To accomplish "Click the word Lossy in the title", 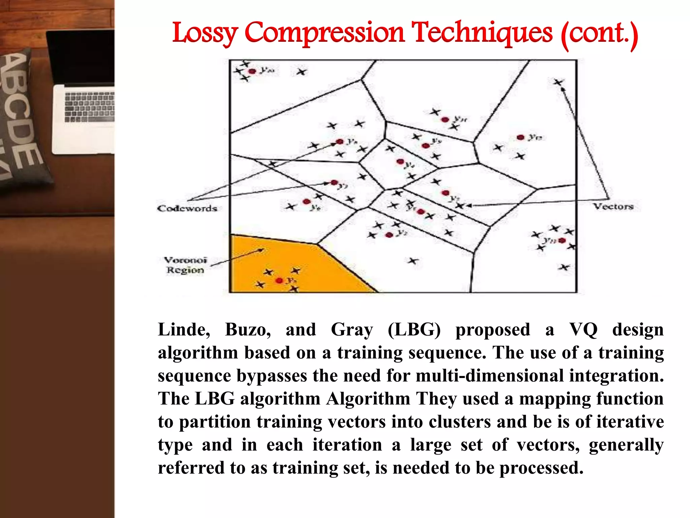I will pyautogui.click(x=205, y=33).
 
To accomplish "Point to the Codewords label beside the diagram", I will pyautogui.click(x=187, y=208).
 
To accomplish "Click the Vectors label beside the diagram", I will pyautogui.click(x=613, y=206).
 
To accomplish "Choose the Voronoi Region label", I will pyautogui.click(x=185, y=265).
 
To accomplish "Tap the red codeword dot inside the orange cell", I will pyautogui.click(x=279, y=281).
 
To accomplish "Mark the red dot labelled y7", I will pyautogui.click(x=334, y=182).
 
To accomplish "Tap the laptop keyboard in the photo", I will pyautogui.click(x=89, y=107).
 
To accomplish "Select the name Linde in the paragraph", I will pyautogui.click(x=184, y=329).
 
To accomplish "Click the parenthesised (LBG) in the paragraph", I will pyautogui.click(x=414, y=329).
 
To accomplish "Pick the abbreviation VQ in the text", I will pyautogui.click(x=583, y=329).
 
